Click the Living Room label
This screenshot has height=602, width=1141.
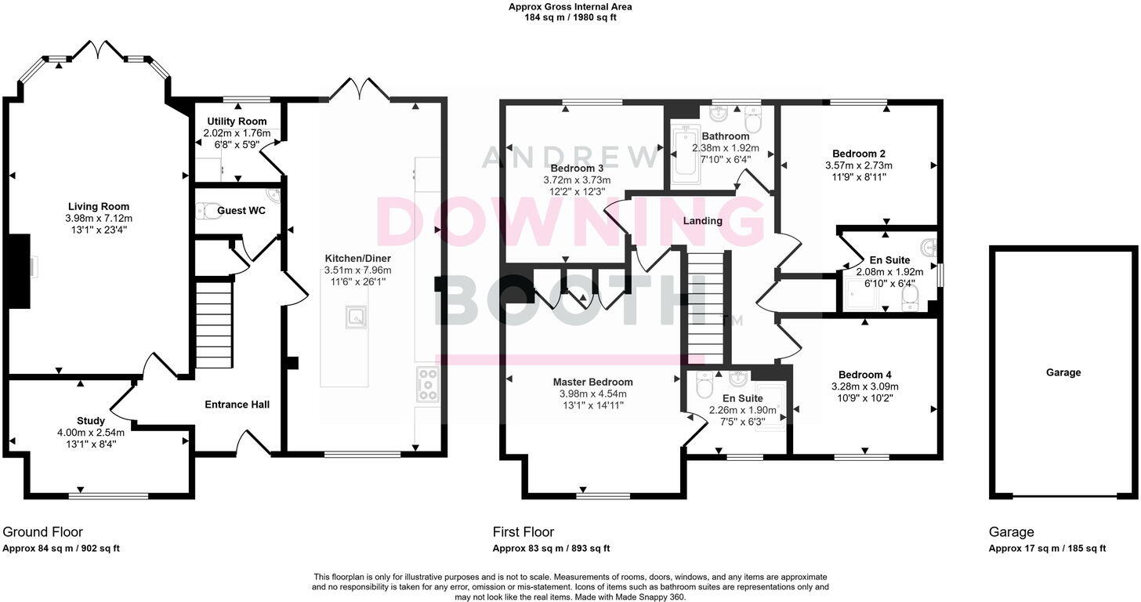pyautogui.click(x=98, y=207)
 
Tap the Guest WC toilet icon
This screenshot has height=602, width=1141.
pyautogui.click(x=204, y=211)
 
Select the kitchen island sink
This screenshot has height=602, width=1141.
pyautogui.click(x=356, y=317)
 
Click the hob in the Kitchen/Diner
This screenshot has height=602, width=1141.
pyautogui.click(x=429, y=384)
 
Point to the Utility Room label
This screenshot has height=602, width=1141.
pyautogui.click(x=237, y=121)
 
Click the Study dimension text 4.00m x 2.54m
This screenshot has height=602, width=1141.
pyautogui.click(x=91, y=432)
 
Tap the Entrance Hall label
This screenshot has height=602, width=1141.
pyautogui.click(x=237, y=404)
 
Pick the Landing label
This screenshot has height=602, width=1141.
pyautogui.click(x=702, y=221)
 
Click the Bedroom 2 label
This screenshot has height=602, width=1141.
pyautogui.click(x=858, y=154)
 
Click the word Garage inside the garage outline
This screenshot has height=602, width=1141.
pyautogui.click(x=1063, y=372)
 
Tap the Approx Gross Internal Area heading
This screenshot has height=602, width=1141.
pyautogui.click(x=570, y=7)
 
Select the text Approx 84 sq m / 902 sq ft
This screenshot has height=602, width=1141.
pyautogui.click(x=61, y=549)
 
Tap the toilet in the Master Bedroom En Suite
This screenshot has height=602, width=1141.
pyautogui.click(x=703, y=386)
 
